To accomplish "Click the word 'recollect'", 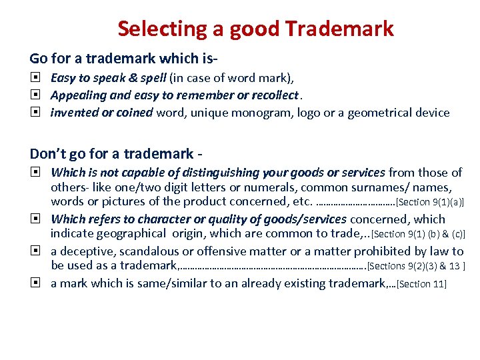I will (271, 95).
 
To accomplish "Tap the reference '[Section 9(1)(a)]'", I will (430, 202).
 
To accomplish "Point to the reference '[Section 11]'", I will (422, 284).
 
